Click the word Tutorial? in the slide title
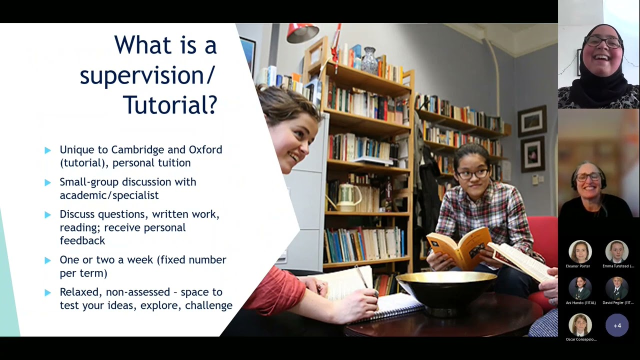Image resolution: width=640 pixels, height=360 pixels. coord(169,105)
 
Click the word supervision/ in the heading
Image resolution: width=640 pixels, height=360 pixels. coord(147,75)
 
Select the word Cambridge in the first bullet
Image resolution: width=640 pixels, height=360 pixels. coord(137,149)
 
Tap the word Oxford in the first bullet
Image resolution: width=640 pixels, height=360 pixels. coord(205,149)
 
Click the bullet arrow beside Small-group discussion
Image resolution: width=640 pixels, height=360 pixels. coord(48,182)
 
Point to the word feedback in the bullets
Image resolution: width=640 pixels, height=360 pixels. coord(82,240)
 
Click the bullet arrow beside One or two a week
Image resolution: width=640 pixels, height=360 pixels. coord(48,260)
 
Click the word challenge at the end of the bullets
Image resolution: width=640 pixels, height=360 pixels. coord(208,305)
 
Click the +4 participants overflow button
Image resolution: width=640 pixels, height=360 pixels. coord(617,325)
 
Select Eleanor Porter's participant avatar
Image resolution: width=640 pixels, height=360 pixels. coord(580,252)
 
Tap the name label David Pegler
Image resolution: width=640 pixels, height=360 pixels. coord(618,302)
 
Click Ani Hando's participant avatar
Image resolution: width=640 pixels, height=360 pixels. coord(580,288)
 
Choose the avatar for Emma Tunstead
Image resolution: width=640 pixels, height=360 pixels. coord(617,252)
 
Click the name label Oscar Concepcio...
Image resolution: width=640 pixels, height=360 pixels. coord(581,339)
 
